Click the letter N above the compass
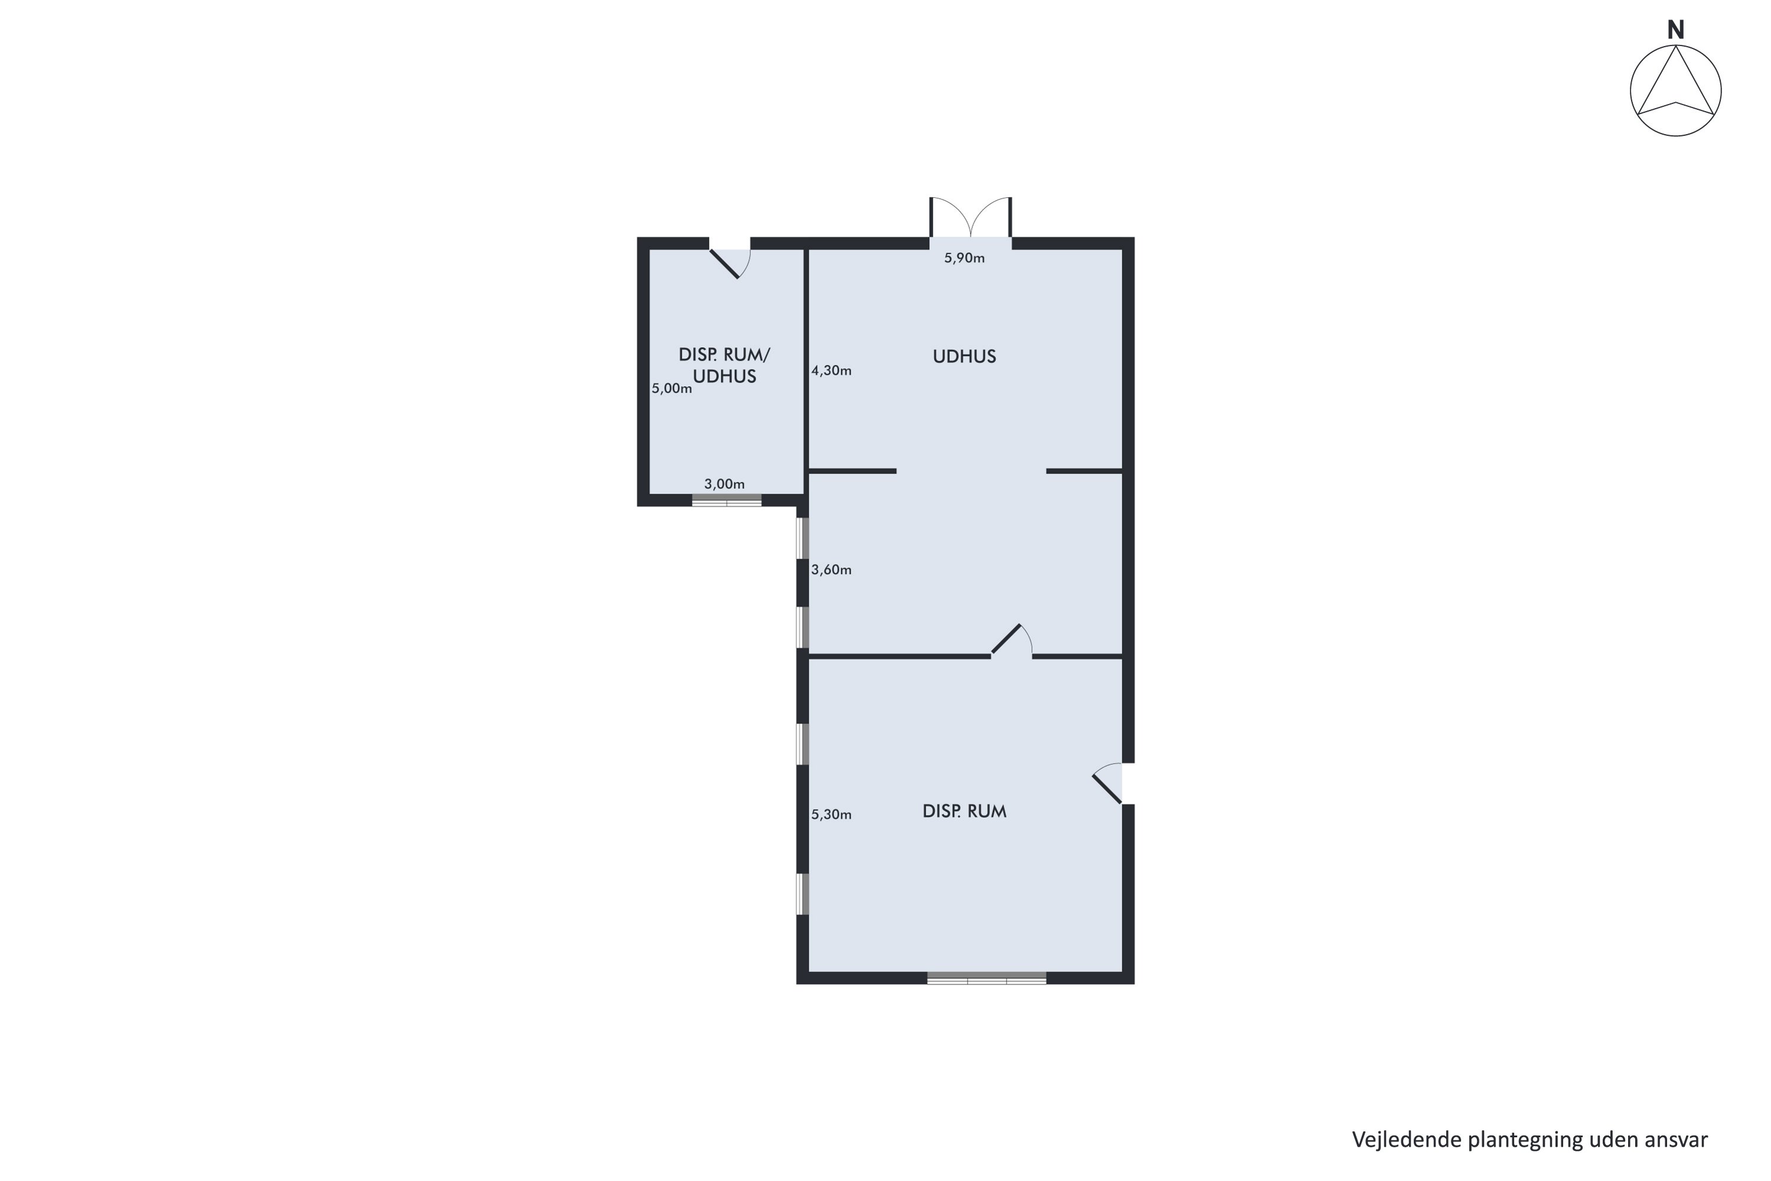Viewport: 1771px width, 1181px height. (1675, 30)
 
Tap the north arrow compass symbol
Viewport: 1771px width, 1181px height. (1675, 91)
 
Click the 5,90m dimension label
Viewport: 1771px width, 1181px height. (965, 259)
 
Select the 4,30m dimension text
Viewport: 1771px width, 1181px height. (831, 371)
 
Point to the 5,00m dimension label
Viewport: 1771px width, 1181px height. (672, 389)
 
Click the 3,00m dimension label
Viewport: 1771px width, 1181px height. (724, 484)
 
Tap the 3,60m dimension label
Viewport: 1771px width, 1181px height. (831, 570)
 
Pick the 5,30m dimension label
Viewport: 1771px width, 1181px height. (831, 814)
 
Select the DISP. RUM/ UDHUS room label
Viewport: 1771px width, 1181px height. (724, 366)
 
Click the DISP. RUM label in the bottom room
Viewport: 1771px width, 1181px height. (965, 811)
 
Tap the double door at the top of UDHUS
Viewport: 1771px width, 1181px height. (971, 218)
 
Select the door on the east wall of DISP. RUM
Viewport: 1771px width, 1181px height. (1107, 784)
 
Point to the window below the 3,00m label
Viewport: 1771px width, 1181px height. (727, 500)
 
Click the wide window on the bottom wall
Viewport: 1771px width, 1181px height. (986, 978)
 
